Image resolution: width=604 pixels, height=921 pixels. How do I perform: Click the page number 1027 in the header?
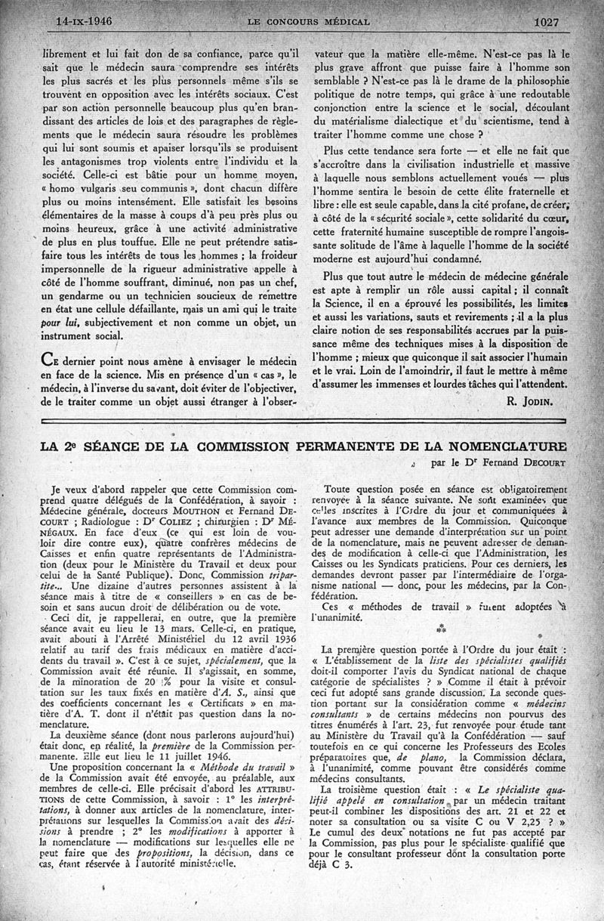pos(545,22)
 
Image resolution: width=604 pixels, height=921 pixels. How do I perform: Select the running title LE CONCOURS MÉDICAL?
pos(308,23)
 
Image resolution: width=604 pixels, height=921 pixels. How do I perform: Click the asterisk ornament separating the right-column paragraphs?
pos(441,629)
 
